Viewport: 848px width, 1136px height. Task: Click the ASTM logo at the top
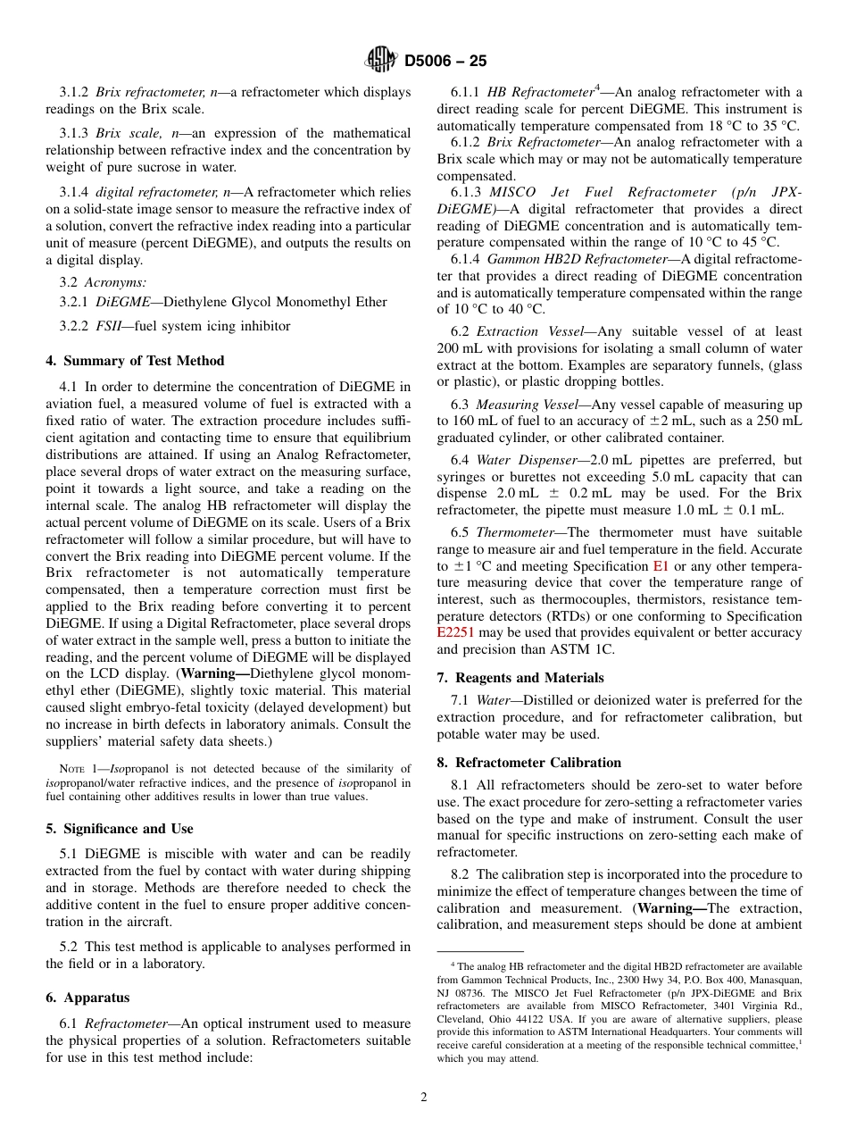tap(381, 61)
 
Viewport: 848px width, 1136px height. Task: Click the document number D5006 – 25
tap(445, 62)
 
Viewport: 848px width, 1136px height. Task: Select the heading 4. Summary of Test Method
tap(135, 361)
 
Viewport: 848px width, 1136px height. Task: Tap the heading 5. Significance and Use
tap(120, 828)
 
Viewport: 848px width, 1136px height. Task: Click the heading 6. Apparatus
tap(87, 998)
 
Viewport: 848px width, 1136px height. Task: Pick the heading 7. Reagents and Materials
tap(520, 678)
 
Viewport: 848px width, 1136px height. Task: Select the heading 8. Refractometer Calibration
tap(528, 763)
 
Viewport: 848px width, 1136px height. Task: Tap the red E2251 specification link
tap(457, 633)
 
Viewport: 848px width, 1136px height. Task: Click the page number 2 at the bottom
tap(424, 1098)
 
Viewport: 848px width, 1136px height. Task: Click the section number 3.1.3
tap(74, 134)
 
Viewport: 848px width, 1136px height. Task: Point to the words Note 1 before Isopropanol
tap(78, 769)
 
